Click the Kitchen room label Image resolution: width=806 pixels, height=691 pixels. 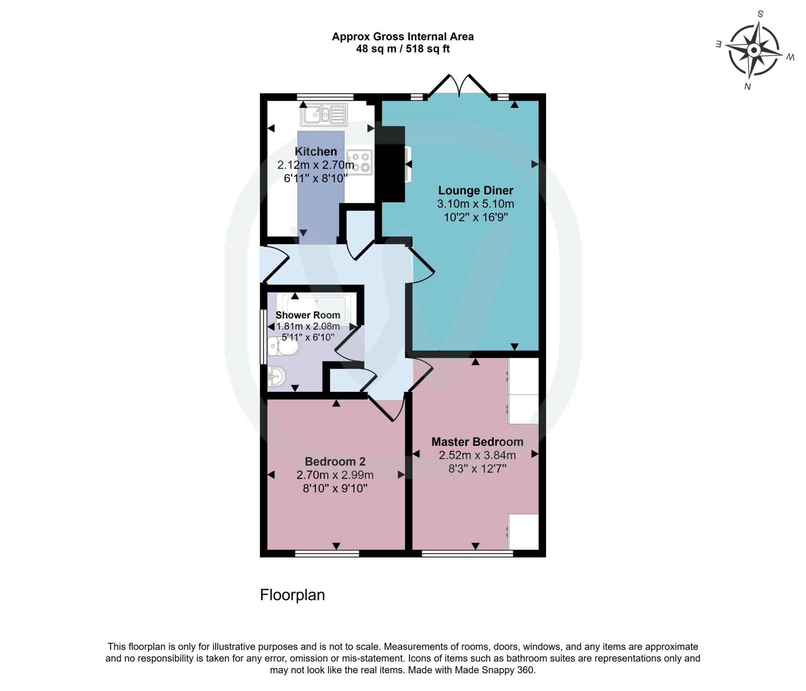pos(316,151)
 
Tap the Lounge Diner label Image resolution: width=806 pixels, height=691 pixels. pos(476,190)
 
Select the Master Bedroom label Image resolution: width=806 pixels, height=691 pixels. pos(477,442)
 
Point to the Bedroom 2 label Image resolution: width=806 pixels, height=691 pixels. pos(335,462)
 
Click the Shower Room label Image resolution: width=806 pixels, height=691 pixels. pos(308,315)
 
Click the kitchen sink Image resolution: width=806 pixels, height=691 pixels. pos(324,115)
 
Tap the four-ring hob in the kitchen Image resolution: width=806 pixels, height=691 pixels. pos(359,162)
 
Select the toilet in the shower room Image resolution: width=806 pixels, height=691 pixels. pos(283,347)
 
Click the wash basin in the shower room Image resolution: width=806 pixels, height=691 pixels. pos(277,376)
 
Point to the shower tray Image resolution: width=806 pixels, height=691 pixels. pos(316,309)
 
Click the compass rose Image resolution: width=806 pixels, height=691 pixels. pos(754,51)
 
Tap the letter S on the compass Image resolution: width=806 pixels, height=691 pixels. pos(760,14)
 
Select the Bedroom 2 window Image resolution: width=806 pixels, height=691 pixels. pos(327,553)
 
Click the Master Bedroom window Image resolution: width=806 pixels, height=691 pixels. pos(467,553)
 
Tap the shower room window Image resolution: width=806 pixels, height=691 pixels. pos(263,337)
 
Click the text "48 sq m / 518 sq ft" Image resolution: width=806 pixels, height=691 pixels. pos(403,49)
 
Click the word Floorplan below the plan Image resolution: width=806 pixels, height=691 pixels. pos(292,595)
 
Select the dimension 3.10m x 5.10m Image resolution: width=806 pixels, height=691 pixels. pos(476,204)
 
